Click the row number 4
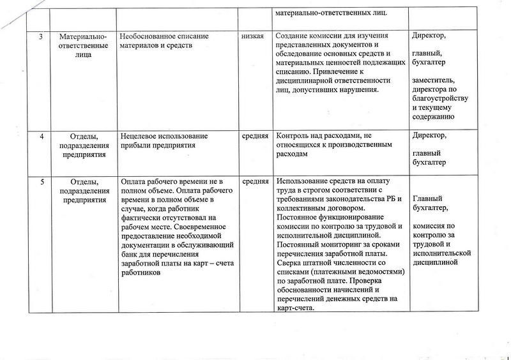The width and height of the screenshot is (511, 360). [42, 137]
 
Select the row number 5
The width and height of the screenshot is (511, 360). [42, 182]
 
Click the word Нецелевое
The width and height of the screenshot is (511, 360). [140, 137]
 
